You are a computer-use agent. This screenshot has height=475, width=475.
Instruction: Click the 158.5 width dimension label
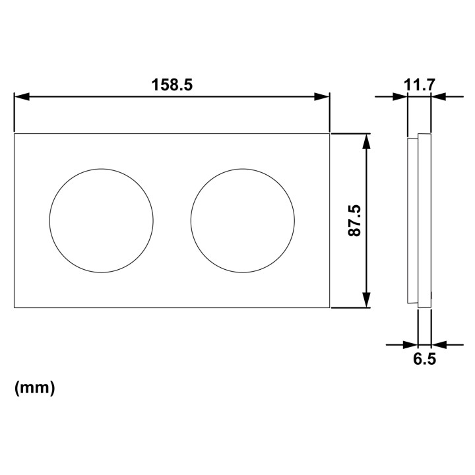(172, 85)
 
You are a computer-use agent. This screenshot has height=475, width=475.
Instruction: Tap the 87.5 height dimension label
(354, 220)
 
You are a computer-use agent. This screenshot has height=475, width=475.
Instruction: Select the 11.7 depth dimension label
(420, 85)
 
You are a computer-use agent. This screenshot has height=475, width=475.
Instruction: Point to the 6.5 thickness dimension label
(424, 360)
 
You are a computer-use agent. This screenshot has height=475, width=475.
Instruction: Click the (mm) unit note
(35, 387)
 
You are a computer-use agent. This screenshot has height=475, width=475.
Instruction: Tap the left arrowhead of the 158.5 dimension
(22, 96)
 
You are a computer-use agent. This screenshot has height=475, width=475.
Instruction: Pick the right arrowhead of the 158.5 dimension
(322, 96)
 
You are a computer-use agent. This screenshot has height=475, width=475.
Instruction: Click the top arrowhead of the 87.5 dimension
(367, 141)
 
